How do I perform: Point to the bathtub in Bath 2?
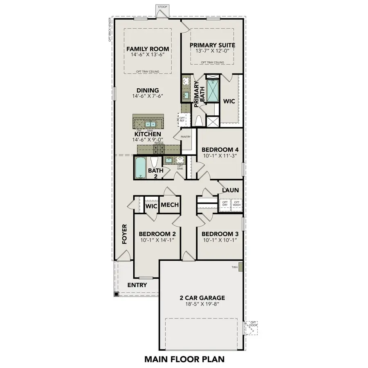pyautogui.click(x=140, y=168)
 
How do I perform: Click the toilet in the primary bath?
pyautogui.click(x=200, y=121)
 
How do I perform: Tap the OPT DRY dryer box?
pyautogui.click(x=225, y=203)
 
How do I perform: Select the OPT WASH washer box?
pyautogui.click(x=236, y=203)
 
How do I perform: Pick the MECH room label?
pyautogui.click(x=169, y=204)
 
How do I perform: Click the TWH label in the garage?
pyautogui.click(x=234, y=267)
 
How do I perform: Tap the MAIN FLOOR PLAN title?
pyautogui.click(x=184, y=359)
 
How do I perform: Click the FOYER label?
pyautogui.click(x=125, y=234)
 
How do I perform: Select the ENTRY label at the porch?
pyautogui.click(x=137, y=285)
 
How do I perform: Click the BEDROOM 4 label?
pyautogui.click(x=220, y=150)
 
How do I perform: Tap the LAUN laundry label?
pyautogui.click(x=230, y=190)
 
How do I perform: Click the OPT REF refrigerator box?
pyautogui.click(x=182, y=120)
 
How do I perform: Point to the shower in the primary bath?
pyautogui.click(x=213, y=91)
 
